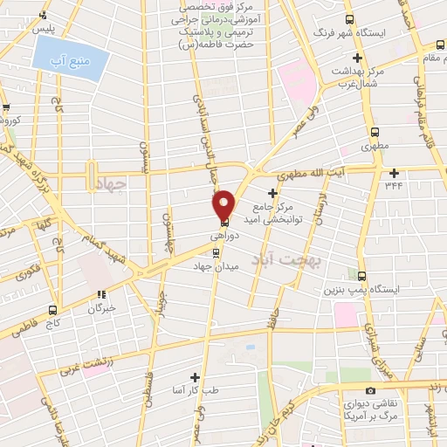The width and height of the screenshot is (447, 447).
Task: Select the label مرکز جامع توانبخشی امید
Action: [x=278, y=213]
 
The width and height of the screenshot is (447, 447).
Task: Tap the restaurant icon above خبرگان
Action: [x=102, y=294]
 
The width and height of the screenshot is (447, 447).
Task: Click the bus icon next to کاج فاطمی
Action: [x=53, y=308]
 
